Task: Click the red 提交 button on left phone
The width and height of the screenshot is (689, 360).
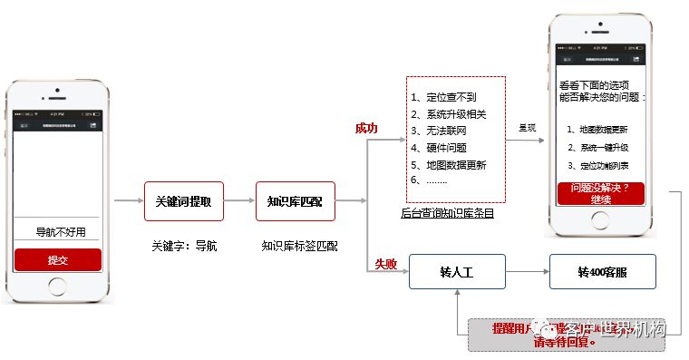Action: [x=58, y=259]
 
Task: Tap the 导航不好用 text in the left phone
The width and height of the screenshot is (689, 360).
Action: [x=60, y=231]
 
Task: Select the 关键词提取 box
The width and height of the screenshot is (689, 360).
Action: [x=183, y=201]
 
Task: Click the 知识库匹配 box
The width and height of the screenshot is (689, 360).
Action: [x=296, y=201]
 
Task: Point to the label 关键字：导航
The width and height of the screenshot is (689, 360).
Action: [x=184, y=245]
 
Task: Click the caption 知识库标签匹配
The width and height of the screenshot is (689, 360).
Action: [x=299, y=245]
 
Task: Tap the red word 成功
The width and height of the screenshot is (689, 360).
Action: [x=366, y=128]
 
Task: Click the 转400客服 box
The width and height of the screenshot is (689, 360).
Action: [x=601, y=272]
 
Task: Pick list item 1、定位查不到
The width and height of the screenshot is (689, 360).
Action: [x=443, y=97]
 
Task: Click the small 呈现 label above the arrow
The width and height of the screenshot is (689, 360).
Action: [x=528, y=128]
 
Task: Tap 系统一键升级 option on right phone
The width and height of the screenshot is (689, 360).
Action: [x=599, y=147]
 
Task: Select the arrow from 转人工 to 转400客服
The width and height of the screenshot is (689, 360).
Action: [x=527, y=272]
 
